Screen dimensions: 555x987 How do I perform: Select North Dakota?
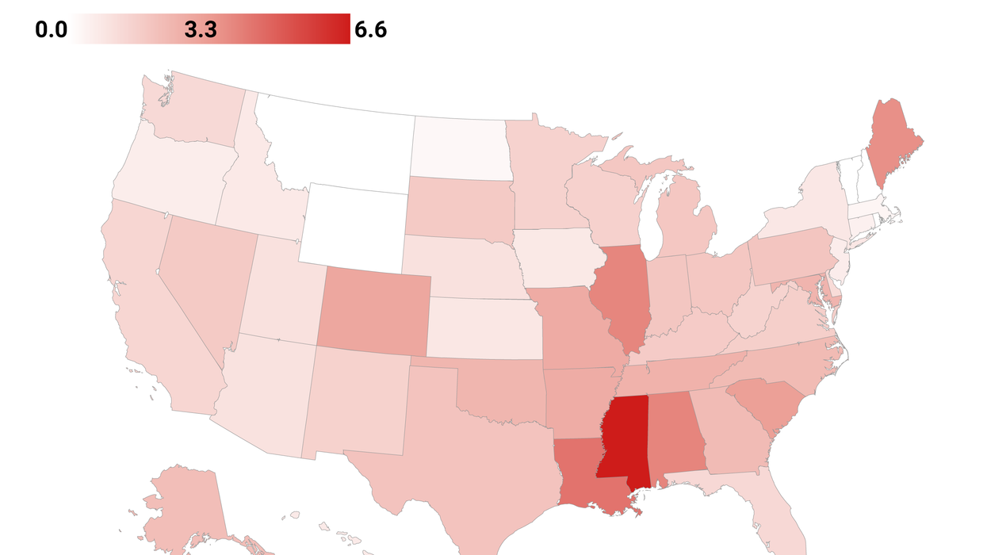[x=458, y=147]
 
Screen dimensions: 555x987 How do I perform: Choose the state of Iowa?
[x=555, y=258]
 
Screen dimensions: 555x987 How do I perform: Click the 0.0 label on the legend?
[x=51, y=29]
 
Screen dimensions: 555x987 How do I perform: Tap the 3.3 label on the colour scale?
[x=201, y=29]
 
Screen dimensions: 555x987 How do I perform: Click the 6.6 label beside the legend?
[x=370, y=29]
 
